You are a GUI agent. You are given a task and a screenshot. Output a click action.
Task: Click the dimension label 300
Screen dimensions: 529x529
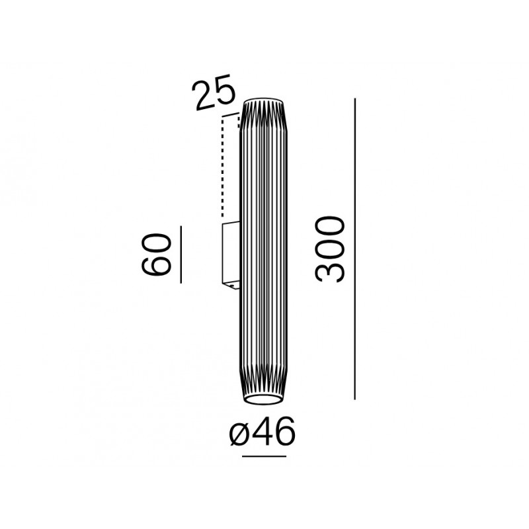pyautogui.click(x=330, y=249)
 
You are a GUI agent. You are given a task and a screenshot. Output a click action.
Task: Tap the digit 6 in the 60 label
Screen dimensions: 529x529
pyautogui.click(x=156, y=264)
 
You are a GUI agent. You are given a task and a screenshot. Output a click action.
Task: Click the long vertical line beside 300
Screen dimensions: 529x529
pyautogui.click(x=355, y=249)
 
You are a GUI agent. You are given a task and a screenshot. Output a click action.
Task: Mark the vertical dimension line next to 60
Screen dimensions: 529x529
pyautogui.click(x=181, y=255)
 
